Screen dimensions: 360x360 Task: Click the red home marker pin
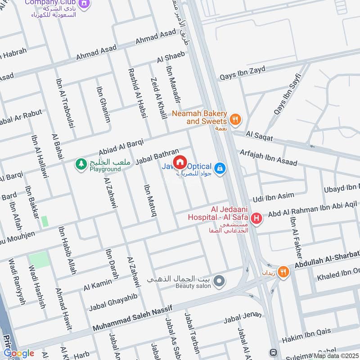click(180, 161)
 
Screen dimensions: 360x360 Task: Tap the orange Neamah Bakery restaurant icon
click(235, 119)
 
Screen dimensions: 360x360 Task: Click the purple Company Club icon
click(83, 4)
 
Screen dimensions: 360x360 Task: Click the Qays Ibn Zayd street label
click(242, 73)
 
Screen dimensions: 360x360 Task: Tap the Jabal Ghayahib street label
click(112, 302)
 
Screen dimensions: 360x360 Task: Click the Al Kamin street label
click(98, 284)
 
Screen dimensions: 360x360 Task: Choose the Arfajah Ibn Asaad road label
click(268, 157)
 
